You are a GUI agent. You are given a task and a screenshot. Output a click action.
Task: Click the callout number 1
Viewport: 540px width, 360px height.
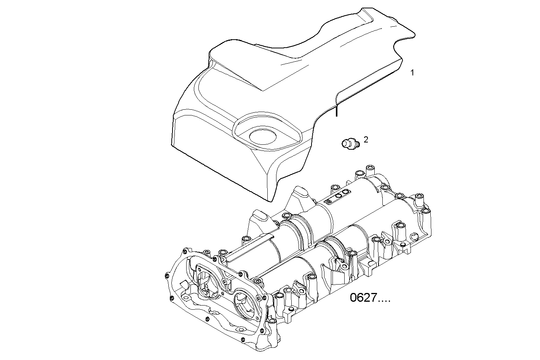point(412,72)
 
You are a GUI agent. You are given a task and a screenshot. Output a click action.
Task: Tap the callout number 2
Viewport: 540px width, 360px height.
point(366,140)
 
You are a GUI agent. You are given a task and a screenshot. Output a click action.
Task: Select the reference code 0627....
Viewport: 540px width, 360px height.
point(370,298)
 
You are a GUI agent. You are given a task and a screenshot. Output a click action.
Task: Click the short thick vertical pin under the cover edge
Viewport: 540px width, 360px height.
point(336,112)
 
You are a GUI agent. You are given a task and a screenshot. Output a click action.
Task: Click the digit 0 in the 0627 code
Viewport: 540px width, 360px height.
point(354,298)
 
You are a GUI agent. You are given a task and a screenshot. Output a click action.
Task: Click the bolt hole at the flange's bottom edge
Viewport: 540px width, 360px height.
point(241,329)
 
